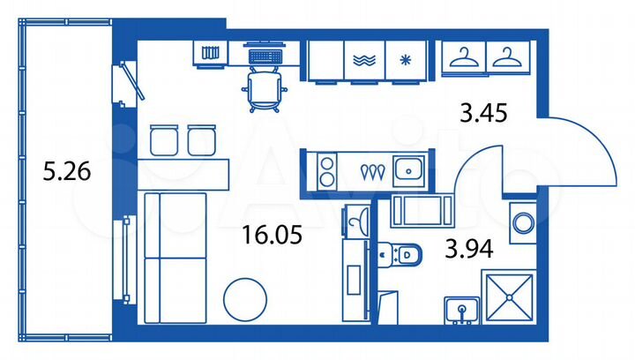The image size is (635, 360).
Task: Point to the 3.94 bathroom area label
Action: pyautogui.click(x=467, y=250)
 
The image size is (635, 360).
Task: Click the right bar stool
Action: pyautogui.click(x=202, y=140)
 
